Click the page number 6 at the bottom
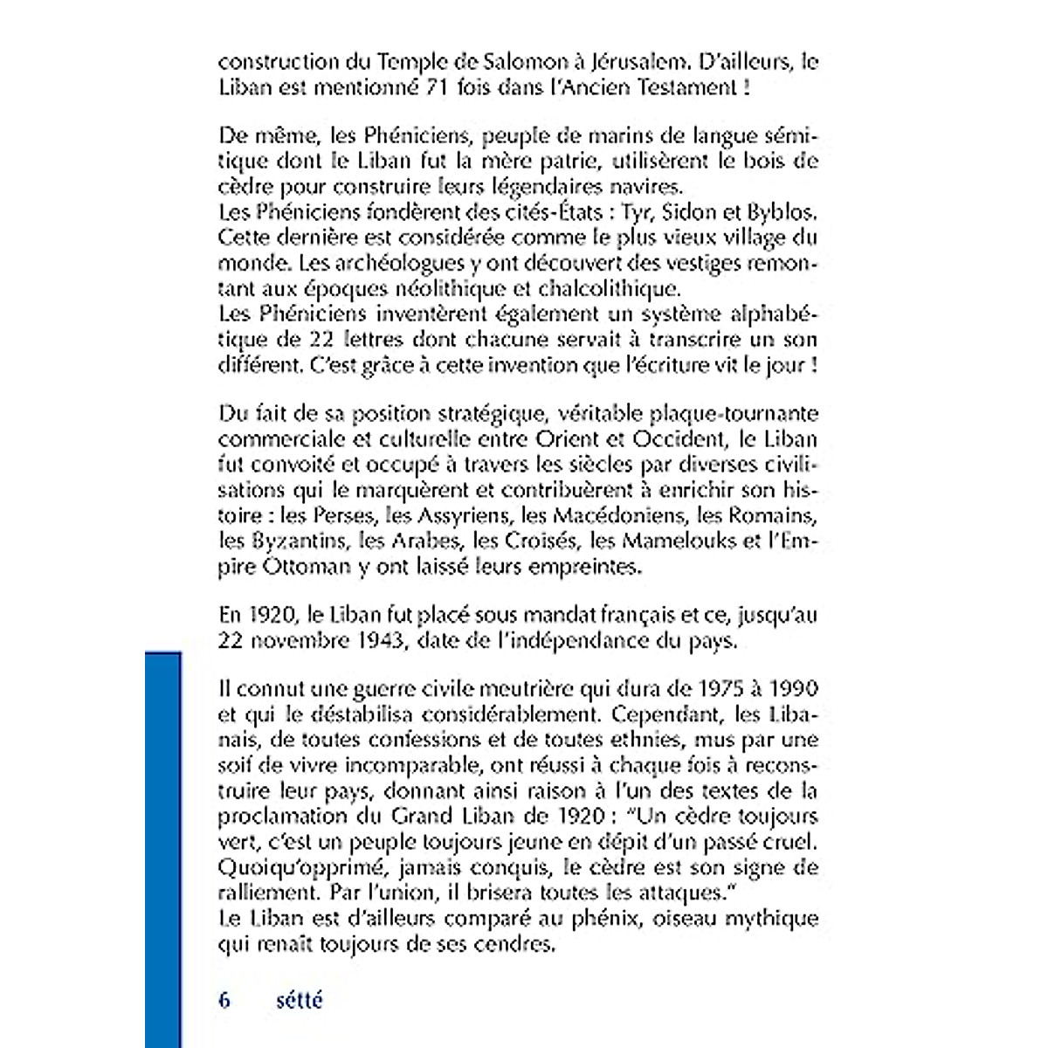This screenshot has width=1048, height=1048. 224,1000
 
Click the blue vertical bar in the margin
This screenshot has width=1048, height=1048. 163,847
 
